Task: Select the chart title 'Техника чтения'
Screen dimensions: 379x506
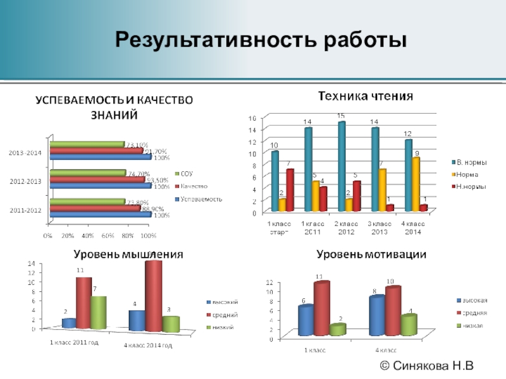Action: [x=365, y=97]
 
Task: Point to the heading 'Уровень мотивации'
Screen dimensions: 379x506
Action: [x=371, y=255]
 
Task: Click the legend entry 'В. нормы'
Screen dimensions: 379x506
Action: [x=471, y=162]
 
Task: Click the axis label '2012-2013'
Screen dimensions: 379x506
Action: [x=26, y=181]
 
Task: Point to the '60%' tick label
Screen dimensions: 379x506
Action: [x=108, y=236]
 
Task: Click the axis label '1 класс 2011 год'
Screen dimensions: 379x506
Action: [x=74, y=342]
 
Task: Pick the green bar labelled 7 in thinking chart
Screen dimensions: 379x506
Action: [x=97, y=313]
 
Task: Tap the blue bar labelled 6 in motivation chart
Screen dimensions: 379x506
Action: [x=305, y=321]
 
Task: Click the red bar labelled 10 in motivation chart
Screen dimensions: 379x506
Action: [x=393, y=311]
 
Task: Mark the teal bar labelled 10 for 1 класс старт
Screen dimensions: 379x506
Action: [x=275, y=181]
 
